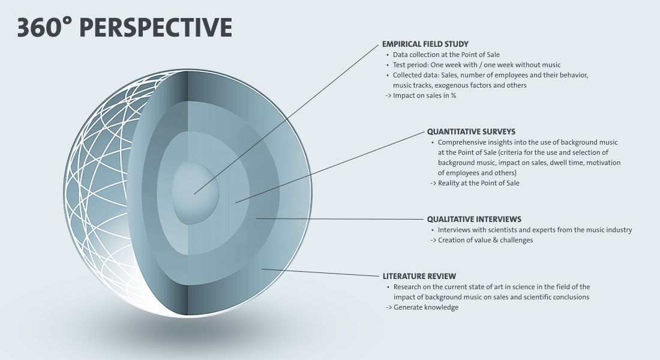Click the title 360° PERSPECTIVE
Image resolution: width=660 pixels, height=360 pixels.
125,28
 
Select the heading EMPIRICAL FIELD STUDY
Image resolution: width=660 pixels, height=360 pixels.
425,44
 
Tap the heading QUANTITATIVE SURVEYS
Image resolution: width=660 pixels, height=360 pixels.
471,131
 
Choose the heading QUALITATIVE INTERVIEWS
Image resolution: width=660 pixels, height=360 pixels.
474,219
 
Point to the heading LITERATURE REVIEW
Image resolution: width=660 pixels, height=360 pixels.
419,276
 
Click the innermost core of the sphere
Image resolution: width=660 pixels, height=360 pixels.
196,193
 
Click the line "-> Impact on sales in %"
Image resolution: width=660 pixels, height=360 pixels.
421,95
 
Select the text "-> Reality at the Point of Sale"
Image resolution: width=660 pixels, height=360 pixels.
475,183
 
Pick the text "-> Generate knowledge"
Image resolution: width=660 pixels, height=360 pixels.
422,307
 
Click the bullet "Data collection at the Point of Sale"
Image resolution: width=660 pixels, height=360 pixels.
446,55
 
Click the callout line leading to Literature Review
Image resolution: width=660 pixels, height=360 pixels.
320,272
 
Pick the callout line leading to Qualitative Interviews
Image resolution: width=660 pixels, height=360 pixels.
341,219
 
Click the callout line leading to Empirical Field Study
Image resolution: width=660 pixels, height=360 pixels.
287,119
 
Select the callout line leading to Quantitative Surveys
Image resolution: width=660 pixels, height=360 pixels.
330,167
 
